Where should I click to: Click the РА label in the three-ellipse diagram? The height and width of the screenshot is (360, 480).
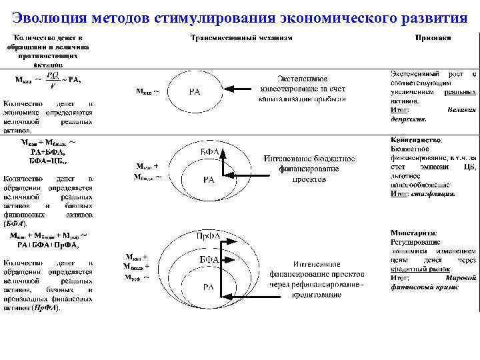[209, 287]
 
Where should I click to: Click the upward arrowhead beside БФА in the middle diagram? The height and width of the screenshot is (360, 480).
[225, 151]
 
